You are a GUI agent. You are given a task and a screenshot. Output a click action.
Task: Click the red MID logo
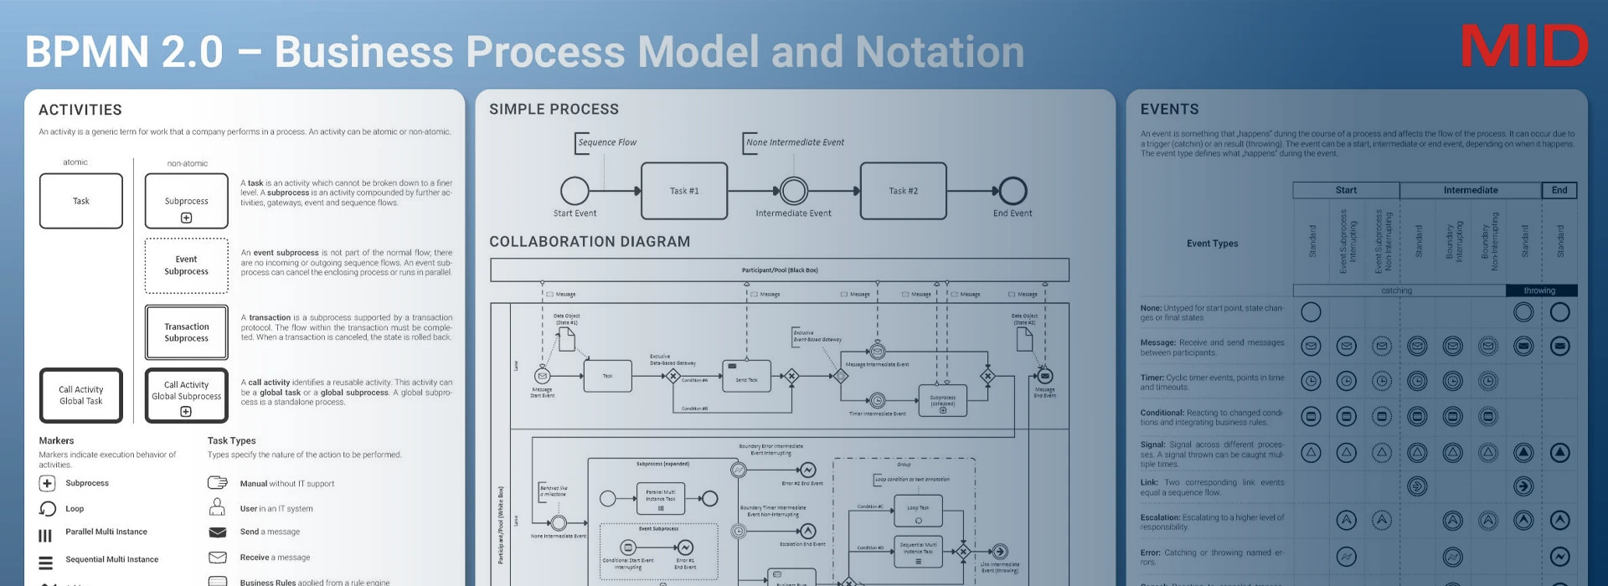click(x=1523, y=47)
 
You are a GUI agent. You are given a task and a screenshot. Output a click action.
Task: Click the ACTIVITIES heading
click(x=80, y=110)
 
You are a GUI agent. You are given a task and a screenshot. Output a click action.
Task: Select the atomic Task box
click(x=81, y=201)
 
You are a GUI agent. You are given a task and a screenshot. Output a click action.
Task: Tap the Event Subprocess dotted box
click(x=186, y=265)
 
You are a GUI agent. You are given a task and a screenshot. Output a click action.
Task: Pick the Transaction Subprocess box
click(x=186, y=332)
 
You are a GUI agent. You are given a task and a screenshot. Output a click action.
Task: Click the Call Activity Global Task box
click(x=81, y=395)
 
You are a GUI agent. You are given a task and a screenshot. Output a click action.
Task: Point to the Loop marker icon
click(x=48, y=509)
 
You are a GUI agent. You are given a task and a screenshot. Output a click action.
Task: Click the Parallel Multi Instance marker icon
click(x=46, y=535)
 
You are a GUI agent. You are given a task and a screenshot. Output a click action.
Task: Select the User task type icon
click(x=217, y=507)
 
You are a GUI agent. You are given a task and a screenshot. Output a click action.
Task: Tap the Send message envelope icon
click(x=217, y=532)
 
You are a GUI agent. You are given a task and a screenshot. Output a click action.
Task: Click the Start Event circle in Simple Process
click(x=575, y=191)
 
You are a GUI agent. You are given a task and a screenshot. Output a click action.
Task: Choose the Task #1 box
click(x=684, y=191)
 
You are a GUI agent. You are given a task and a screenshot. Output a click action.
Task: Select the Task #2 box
click(x=903, y=191)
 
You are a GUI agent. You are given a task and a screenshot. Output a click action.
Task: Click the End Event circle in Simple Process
click(x=1013, y=191)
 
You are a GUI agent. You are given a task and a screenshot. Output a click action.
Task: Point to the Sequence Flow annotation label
click(x=607, y=142)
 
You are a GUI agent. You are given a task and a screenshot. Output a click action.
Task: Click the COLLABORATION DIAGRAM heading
click(x=590, y=242)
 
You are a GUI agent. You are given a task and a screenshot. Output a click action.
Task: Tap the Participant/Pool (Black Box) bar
click(x=779, y=270)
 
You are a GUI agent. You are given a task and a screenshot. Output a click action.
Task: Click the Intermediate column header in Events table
click(x=1470, y=190)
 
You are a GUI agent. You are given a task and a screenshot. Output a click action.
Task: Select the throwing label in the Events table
click(x=1539, y=290)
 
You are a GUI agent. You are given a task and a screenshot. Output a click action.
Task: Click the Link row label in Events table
click(x=1148, y=482)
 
